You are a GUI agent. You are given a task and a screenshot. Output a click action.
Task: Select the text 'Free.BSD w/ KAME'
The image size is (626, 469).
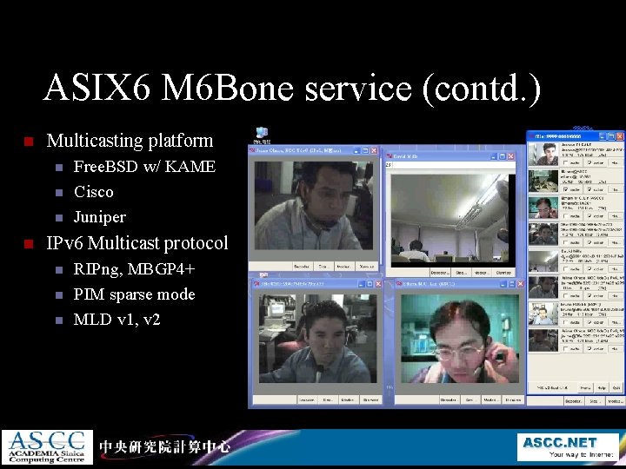click(x=144, y=166)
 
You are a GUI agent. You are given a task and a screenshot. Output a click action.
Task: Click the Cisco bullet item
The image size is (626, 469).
click(x=93, y=191)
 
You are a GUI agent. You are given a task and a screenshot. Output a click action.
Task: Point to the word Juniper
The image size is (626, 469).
click(x=99, y=216)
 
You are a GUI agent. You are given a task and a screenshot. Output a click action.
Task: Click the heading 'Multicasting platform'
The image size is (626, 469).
click(x=130, y=140)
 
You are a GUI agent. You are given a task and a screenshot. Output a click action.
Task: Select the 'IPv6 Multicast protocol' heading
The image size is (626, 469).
click(x=137, y=242)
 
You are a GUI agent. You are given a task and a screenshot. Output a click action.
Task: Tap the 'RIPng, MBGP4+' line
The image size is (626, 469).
click(x=134, y=268)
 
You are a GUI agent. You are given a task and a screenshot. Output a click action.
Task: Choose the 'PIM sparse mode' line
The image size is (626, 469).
click(x=134, y=294)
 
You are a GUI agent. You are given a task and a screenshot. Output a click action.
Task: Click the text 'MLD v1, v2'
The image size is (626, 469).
click(x=117, y=319)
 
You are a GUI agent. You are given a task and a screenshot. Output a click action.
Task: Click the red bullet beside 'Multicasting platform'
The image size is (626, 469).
click(x=28, y=141)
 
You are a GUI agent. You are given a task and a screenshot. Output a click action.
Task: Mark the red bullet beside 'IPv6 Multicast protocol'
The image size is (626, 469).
click(x=28, y=243)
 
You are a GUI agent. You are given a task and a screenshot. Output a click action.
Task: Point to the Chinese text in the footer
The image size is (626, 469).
click(x=164, y=446)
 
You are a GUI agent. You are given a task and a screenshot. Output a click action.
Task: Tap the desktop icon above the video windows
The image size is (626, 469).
click(x=260, y=135)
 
